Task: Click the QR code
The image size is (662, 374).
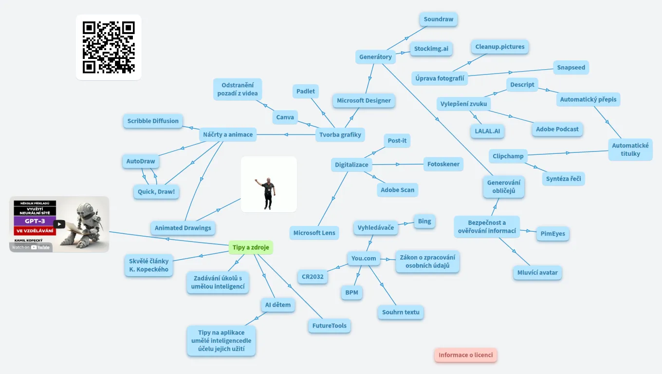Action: (x=109, y=47)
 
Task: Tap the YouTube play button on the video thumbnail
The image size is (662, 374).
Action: (x=59, y=224)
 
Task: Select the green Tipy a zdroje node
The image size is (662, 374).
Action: (x=251, y=247)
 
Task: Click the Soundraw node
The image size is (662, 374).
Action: (x=439, y=19)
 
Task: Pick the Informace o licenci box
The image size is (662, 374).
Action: (x=466, y=355)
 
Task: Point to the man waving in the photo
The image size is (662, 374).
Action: (x=268, y=192)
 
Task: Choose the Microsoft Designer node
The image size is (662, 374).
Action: (x=364, y=101)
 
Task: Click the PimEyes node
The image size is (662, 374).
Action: (x=553, y=234)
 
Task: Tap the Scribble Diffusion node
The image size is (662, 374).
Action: (x=153, y=121)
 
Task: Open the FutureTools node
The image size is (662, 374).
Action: (x=330, y=326)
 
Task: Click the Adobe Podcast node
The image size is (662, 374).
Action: (x=557, y=130)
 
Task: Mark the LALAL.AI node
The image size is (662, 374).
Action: (x=487, y=131)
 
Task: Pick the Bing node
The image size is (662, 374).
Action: (x=424, y=222)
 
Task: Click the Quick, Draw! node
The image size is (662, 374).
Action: (x=156, y=192)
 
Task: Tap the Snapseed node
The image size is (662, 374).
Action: (x=571, y=68)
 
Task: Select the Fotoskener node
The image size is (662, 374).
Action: (x=443, y=165)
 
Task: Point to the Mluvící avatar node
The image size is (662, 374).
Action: (x=538, y=273)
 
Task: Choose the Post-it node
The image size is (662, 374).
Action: (x=397, y=141)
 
